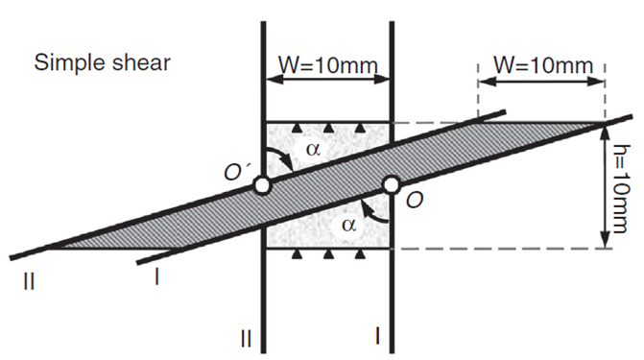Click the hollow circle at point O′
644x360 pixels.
[x=262, y=184]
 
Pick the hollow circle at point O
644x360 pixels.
[x=391, y=184]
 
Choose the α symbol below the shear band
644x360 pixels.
[x=347, y=223]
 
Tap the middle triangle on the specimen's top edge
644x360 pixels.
[x=328, y=128]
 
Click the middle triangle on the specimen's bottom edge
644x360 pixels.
[x=328, y=253]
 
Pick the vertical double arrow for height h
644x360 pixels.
[x=602, y=185]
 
